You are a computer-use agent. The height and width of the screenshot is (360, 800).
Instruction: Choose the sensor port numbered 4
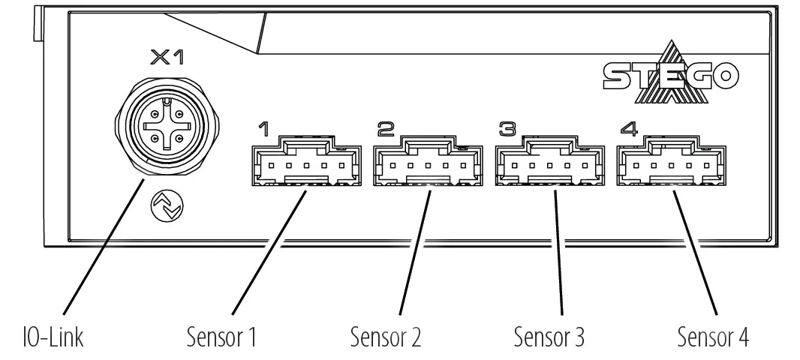pyautogui.click(x=669, y=163)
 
